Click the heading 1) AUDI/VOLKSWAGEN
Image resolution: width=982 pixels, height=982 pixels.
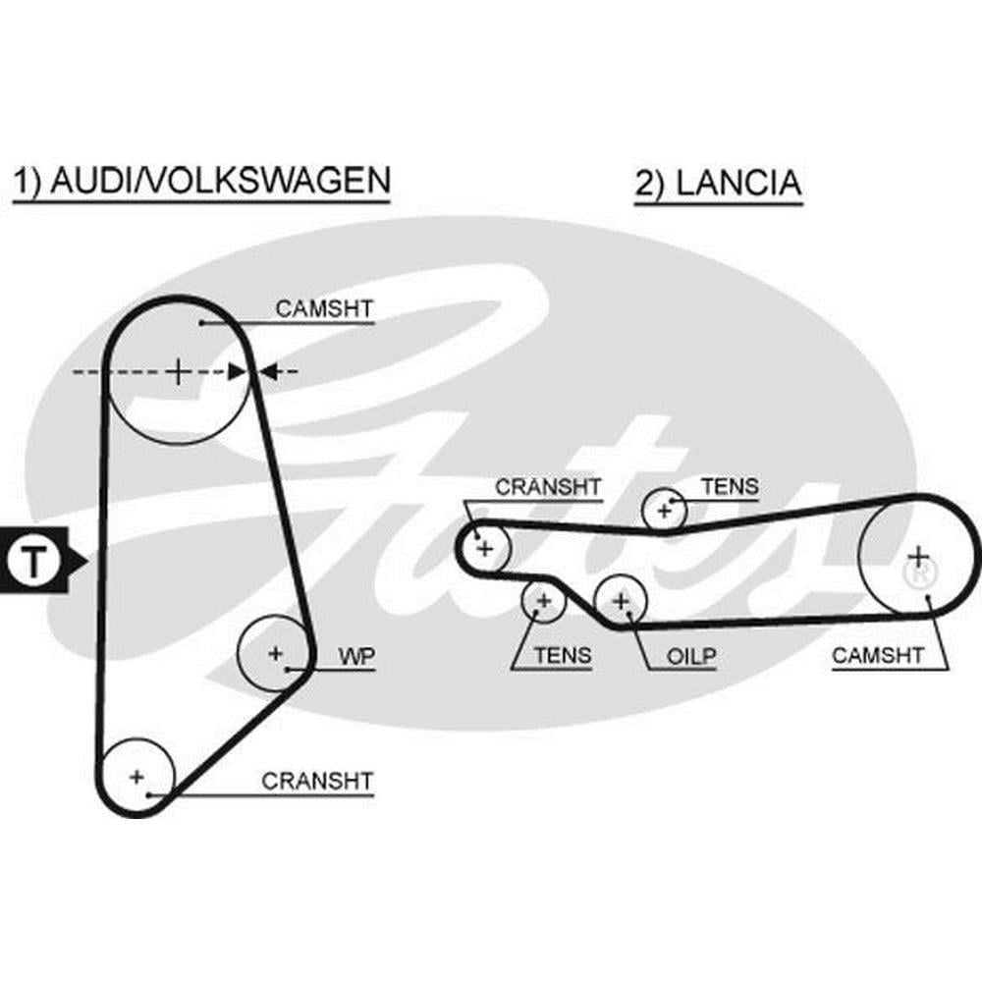pos(201,182)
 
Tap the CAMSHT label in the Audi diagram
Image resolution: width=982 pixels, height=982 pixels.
pos(324,309)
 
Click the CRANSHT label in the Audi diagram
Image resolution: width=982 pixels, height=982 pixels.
pos(317,782)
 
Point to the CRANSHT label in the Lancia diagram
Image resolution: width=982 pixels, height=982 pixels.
pos(548,487)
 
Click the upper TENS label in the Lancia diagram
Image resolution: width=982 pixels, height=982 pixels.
pos(730,486)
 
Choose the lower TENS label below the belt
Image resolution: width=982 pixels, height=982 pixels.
pos(563,656)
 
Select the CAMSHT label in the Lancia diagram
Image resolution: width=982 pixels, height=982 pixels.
pos(878,656)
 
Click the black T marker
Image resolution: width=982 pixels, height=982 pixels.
pos(34,562)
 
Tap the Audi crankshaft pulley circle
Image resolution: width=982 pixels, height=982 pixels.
pos(137,777)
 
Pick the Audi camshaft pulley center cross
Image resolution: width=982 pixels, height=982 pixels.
pos(178,372)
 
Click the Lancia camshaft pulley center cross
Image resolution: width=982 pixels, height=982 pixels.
pos(917,556)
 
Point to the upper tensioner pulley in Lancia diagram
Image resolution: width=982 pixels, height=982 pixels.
pos(664,510)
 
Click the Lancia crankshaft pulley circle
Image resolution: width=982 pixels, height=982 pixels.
pos(483,547)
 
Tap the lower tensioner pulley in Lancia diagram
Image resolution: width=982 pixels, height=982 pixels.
pos(543,600)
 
